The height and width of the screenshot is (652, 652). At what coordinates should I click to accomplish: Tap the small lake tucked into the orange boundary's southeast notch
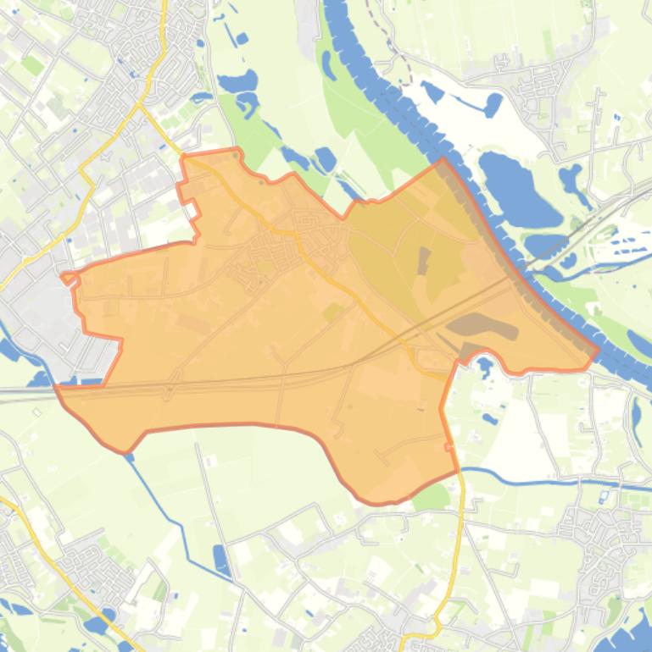coord(484,367)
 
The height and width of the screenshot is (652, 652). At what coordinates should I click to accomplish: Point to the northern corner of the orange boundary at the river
coord(442,159)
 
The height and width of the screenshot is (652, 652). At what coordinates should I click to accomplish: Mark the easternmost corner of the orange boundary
coord(599,348)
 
